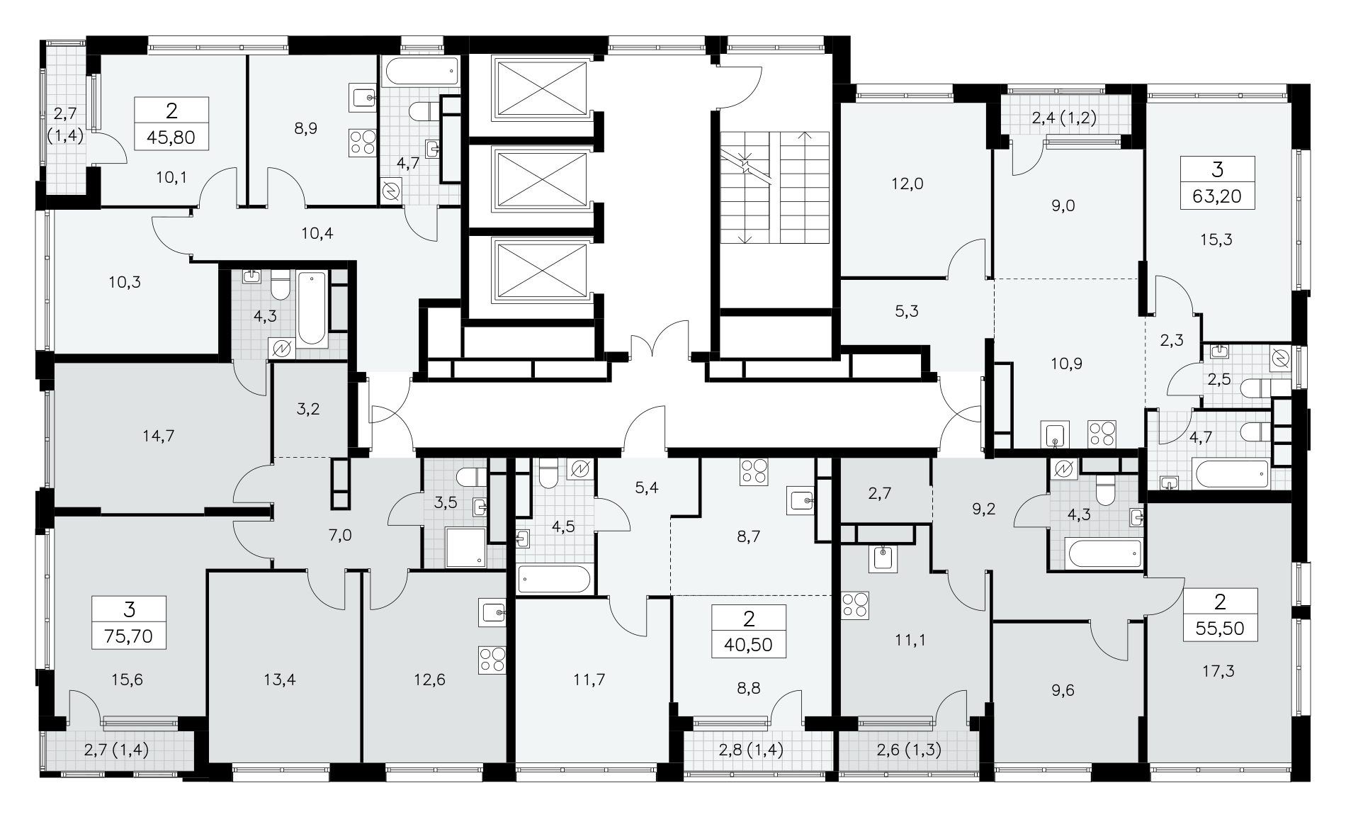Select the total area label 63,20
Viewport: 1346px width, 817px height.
tap(1217, 196)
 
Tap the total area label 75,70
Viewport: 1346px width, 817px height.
tap(129, 635)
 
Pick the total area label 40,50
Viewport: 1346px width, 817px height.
tap(749, 644)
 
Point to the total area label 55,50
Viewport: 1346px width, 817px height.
tap(1219, 627)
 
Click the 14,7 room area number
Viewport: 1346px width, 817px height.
tap(159, 436)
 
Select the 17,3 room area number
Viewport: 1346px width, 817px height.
tap(1219, 670)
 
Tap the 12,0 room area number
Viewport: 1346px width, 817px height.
tap(907, 184)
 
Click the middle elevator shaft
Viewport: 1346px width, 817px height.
tap(540, 179)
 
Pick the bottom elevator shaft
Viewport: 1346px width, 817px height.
tap(540, 271)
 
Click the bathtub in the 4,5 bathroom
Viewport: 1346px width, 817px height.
tap(554, 579)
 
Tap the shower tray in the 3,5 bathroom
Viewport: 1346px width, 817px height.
tap(466, 546)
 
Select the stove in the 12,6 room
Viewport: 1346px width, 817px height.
tap(492, 660)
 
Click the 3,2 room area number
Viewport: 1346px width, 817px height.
tap(309, 410)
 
